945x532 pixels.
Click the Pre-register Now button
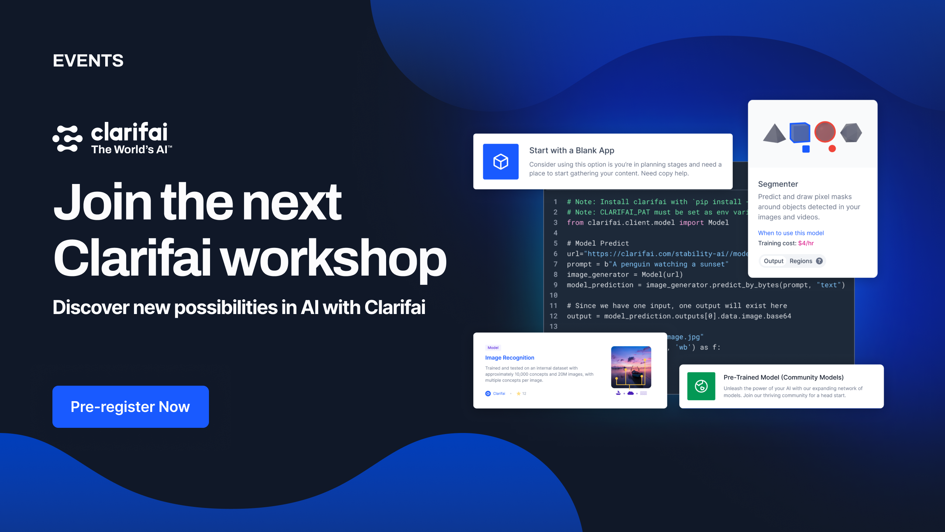pyautogui.click(x=130, y=407)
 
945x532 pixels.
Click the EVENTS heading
pyautogui.click(x=88, y=61)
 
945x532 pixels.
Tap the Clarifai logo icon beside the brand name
pyautogui.click(x=68, y=139)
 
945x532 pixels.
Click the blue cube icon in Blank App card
pyautogui.click(x=501, y=161)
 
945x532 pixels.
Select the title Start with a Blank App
pyautogui.click(x=571, y=150)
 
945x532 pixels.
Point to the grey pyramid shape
pyautogui.click(x=774, y=134)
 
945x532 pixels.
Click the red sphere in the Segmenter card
pyautogui.click(x=825, y=132)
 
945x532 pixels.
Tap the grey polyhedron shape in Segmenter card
pyautogui.click(x=851, y=133)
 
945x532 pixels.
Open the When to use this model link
pyautogui.click(x=791, y=233)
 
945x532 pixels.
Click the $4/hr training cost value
pyautogui.click(x=806, y=243)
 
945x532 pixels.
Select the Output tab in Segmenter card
pyautogui.click(x=773, y=261)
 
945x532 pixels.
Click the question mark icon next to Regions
pyautogui.click(x=819, y=261)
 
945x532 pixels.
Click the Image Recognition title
pyautogui.click(x=509, y=358)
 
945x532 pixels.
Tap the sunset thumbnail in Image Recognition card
pyautogui.click(x=631, y=367)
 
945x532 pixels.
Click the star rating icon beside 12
pyautogui.click(x=518, y=393)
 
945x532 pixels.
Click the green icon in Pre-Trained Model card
pyautogui.click(x=701, y=386)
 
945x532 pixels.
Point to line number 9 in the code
pyautogui.click(x=555, y=285)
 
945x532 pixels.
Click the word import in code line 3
pyautogui.click(x=691, y=222)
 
